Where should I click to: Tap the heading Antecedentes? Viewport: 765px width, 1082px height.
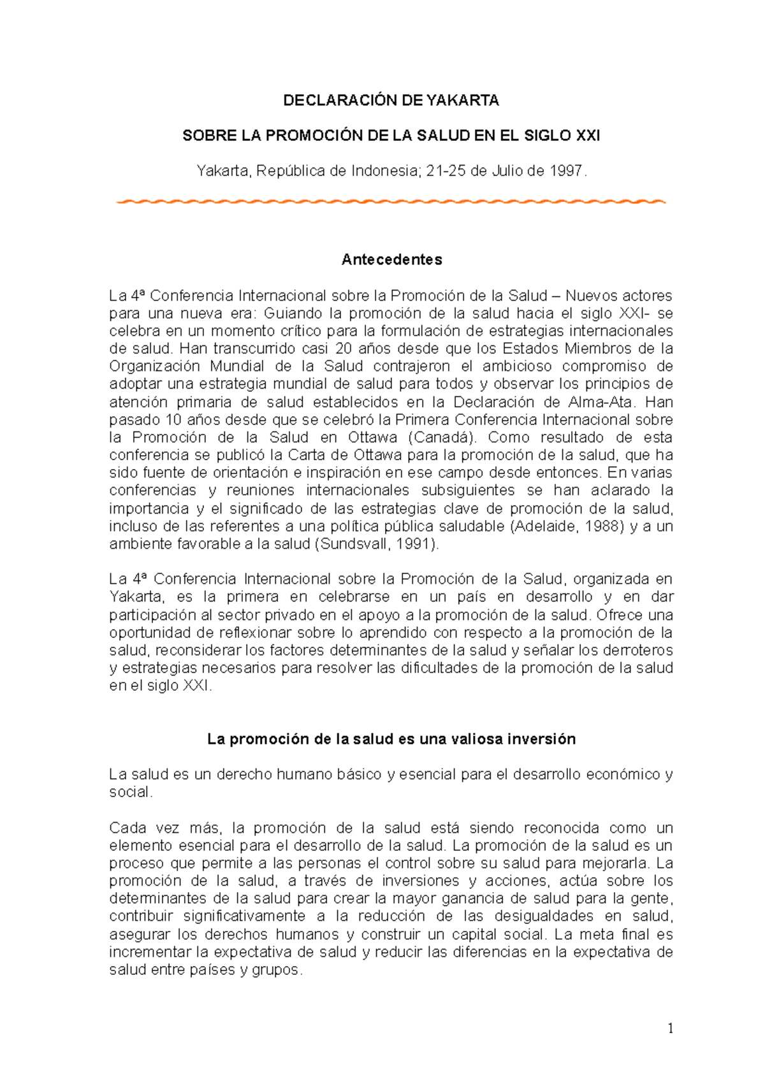[x=391, y=259]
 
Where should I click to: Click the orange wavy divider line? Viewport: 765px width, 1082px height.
[x=391, y=201]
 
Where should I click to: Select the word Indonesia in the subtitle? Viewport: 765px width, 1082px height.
[x=383, y=171]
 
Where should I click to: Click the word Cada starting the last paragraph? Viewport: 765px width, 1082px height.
[x=127, y=828]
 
